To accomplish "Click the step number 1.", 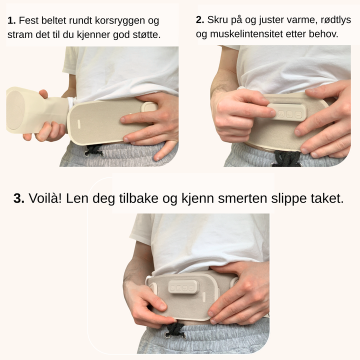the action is click(x=11, y=20).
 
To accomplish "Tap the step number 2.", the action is click(x=200, y=20).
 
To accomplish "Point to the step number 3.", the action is click(x=19, y=198).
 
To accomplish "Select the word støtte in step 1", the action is click(x=146, y=34).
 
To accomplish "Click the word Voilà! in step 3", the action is click(x=45, y=198).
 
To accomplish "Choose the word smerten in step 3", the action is click(x=242, y=198).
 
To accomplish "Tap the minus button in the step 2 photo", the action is click(x=298, y=114).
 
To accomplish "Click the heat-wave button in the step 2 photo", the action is click(x=281, y=113).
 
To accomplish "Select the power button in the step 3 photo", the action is click(x=172, y=288).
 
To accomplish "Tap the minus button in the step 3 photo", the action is click(x=191, y=288).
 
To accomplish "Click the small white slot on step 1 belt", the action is click(x=78, y=124).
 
